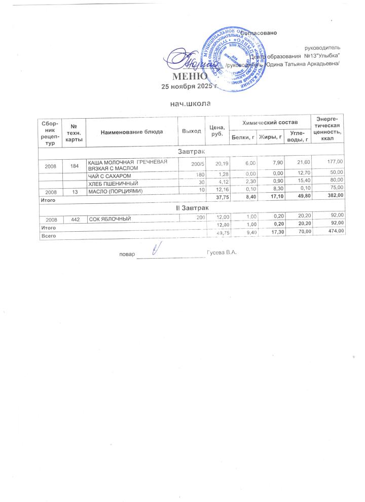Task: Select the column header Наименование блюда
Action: coord(132,132)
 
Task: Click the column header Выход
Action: coord(191,132)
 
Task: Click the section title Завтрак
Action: coord(191,152)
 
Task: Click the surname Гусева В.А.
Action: coord(222,252)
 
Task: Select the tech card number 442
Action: coord(75,219)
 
